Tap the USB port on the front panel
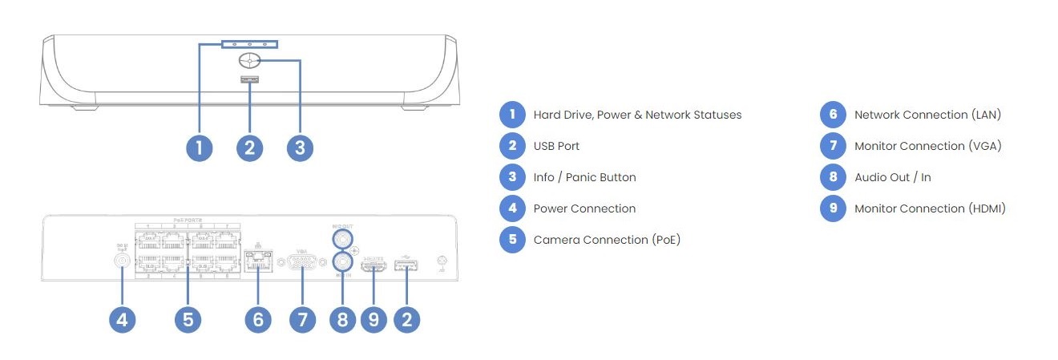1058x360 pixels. [249, 79]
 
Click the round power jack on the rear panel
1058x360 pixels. [123, 260]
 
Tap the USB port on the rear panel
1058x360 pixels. [406, 266]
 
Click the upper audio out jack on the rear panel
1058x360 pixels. [343, 239]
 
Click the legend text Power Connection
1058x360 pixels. [584, 208]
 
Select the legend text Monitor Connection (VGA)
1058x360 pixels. [928, 146]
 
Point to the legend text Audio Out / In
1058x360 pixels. [892, 177]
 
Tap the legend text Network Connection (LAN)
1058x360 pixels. [927, 115]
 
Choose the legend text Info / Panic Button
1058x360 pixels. [584, 177]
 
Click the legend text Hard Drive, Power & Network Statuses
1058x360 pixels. [637, 115]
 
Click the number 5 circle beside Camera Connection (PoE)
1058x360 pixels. [511, 240]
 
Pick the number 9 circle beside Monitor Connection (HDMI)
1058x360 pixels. [833, 208]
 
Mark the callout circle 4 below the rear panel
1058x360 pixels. [122, 320]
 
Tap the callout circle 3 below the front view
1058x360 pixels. [300, 148]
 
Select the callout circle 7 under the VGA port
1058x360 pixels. [301, 320]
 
